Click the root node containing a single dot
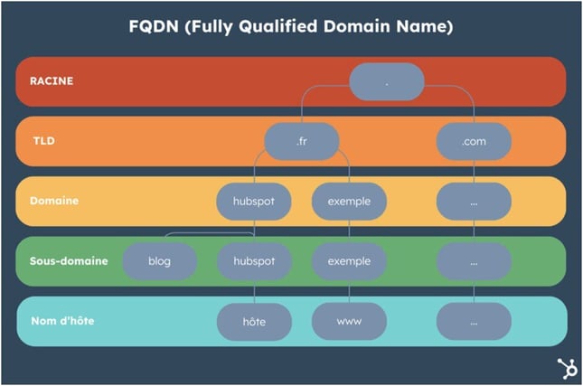click(386, 81)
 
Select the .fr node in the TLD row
click(301, 141)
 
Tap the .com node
click(474, 141)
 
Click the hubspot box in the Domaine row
click(254, 202)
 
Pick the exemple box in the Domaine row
click(349, 202)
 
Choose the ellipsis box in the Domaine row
click(474, 202)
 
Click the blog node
click(160, 261)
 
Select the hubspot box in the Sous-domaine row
click(254, 261)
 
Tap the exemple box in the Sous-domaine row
click(349, 261)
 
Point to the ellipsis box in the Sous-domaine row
click(474, 261)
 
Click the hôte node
click(254, 321)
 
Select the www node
click(349, 321)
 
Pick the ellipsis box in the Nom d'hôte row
click(474, 321)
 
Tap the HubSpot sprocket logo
click(567, 368)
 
